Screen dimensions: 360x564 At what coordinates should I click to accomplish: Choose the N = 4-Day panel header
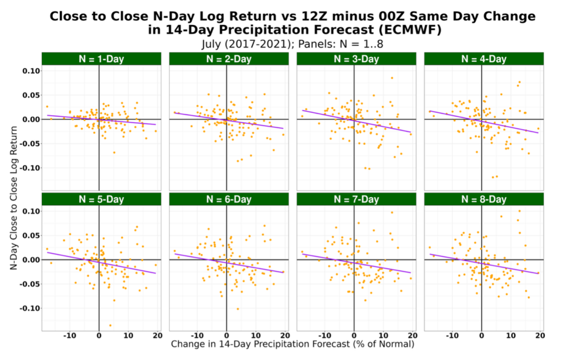484,59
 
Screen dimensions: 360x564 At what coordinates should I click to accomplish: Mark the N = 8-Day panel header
484,199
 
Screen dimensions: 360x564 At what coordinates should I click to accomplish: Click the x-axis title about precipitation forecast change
292,345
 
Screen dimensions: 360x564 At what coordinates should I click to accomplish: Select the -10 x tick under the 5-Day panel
69,335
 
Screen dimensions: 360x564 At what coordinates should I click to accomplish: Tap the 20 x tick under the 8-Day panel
540,335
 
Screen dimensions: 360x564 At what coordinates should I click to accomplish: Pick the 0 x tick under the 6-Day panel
226,335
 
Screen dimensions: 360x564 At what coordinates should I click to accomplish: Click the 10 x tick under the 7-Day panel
383,335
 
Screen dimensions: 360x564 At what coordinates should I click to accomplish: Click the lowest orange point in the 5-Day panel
110,325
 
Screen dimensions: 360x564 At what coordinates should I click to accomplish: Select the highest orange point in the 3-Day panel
392,78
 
